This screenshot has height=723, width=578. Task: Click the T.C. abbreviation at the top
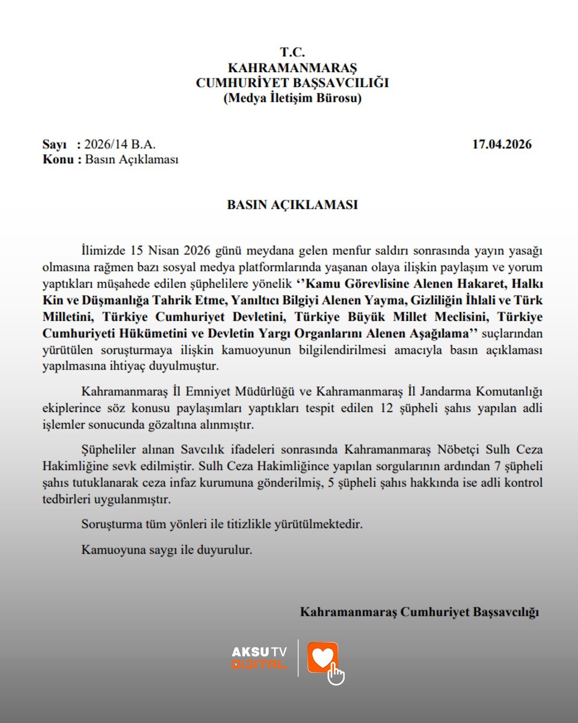click(292, 52)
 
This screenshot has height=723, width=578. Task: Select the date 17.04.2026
click(501, 145)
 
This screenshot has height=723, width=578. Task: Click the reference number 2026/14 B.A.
click(120, 145)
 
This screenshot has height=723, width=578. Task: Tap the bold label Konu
click(58, 160)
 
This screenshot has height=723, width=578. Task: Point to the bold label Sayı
click(55, 145)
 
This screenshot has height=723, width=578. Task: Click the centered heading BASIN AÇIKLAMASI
click(292, 205)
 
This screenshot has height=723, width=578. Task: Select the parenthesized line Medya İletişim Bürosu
click(292, 98)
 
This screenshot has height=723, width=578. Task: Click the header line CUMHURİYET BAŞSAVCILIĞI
click(292, 83)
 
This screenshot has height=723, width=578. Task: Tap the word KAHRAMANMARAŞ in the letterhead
click(292, 68)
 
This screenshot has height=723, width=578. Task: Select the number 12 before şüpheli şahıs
click(386, 408)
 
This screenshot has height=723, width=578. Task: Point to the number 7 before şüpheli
click(497, 466)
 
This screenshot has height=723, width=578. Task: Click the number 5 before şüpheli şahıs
click(331, 483)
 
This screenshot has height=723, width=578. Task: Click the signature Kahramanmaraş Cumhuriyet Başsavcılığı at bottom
click(419, 612)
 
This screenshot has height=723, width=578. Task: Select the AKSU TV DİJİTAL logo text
click(259, 658)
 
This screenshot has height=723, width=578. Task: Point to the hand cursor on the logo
click(336, 674)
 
